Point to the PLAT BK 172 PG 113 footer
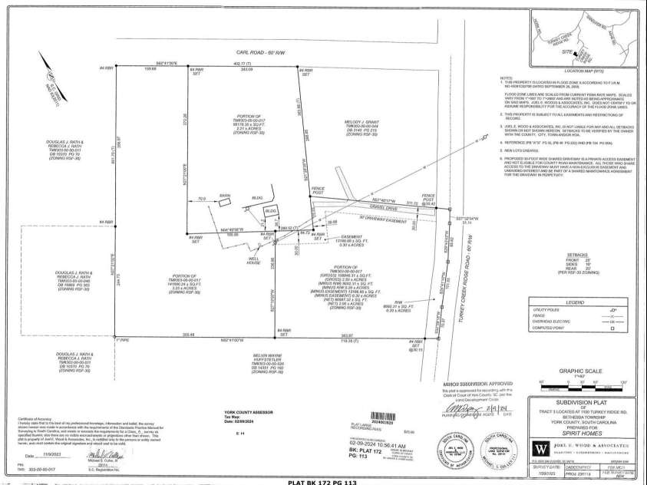[x=322, y=480]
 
